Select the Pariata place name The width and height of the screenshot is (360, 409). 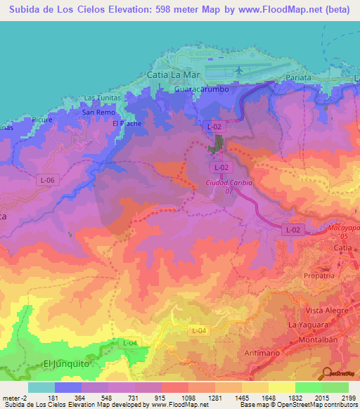[x=304, y=78]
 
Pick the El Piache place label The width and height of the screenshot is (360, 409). [x=127, y=124]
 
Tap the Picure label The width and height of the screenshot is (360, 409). [x=43, y=120]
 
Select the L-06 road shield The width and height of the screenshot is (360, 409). [x=46, y=181]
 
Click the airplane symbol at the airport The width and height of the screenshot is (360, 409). [x=239, y=70]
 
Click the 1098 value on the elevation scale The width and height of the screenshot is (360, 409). [x=175, y=397]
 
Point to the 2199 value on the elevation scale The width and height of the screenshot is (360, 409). [x=347, y=397]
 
